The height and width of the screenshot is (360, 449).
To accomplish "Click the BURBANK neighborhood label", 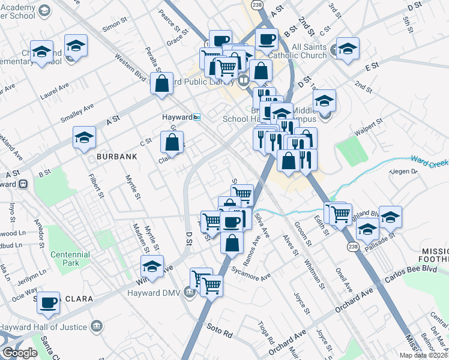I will [x=116, y=156].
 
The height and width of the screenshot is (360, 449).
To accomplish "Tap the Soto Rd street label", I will [x=218, y=328].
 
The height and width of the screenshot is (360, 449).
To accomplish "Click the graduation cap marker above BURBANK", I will [x=84, y=137].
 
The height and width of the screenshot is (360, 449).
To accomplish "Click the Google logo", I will [x=20, y=353].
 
